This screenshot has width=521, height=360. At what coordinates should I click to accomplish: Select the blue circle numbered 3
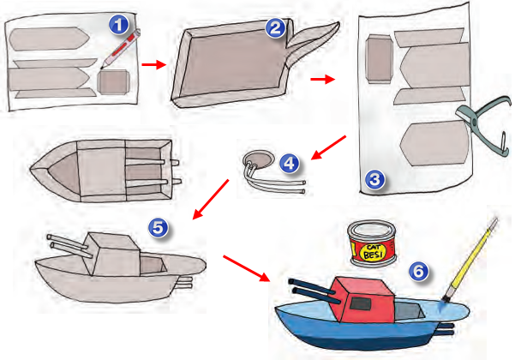374,178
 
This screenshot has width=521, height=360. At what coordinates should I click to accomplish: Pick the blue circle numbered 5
159,226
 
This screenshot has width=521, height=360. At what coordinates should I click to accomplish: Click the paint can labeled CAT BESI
371,243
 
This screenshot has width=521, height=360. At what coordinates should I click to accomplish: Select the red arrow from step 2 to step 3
321,80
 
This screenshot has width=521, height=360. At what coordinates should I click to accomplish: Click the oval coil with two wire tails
258,161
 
